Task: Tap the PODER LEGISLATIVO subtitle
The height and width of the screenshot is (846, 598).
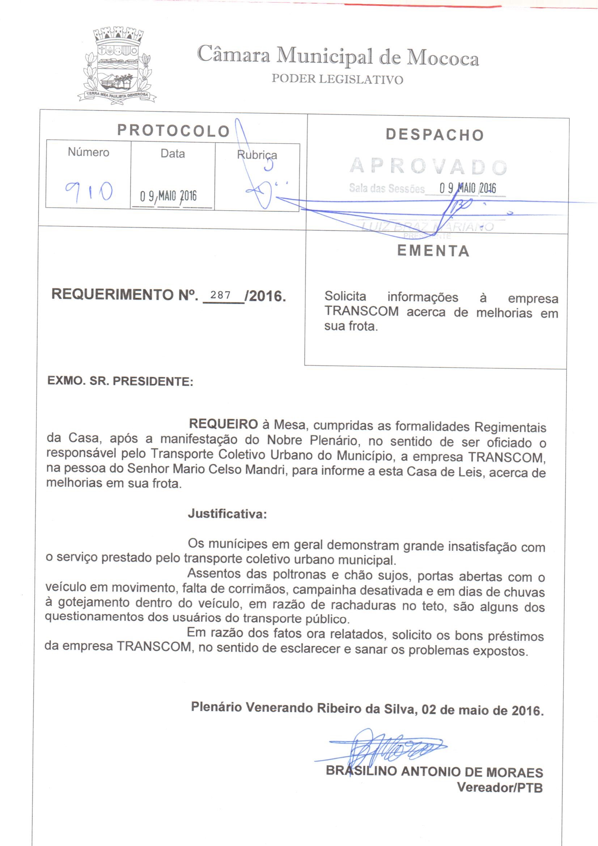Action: coord(337,79)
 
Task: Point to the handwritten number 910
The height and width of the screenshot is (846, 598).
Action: coord(89,192)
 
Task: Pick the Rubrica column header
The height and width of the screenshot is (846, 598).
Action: coord(257,155)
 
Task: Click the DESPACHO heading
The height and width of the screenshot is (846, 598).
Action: coord(435,135)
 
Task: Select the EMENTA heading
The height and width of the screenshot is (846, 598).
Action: coord(433,251)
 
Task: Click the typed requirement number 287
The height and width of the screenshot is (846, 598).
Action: coord(220,295)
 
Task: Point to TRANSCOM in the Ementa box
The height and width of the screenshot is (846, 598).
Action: coord(361,312)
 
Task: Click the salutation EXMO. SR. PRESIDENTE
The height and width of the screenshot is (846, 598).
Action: coord(120,381)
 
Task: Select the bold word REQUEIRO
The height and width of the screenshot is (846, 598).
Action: coord(223,424)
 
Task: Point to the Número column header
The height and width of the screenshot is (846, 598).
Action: coord(88,152)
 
